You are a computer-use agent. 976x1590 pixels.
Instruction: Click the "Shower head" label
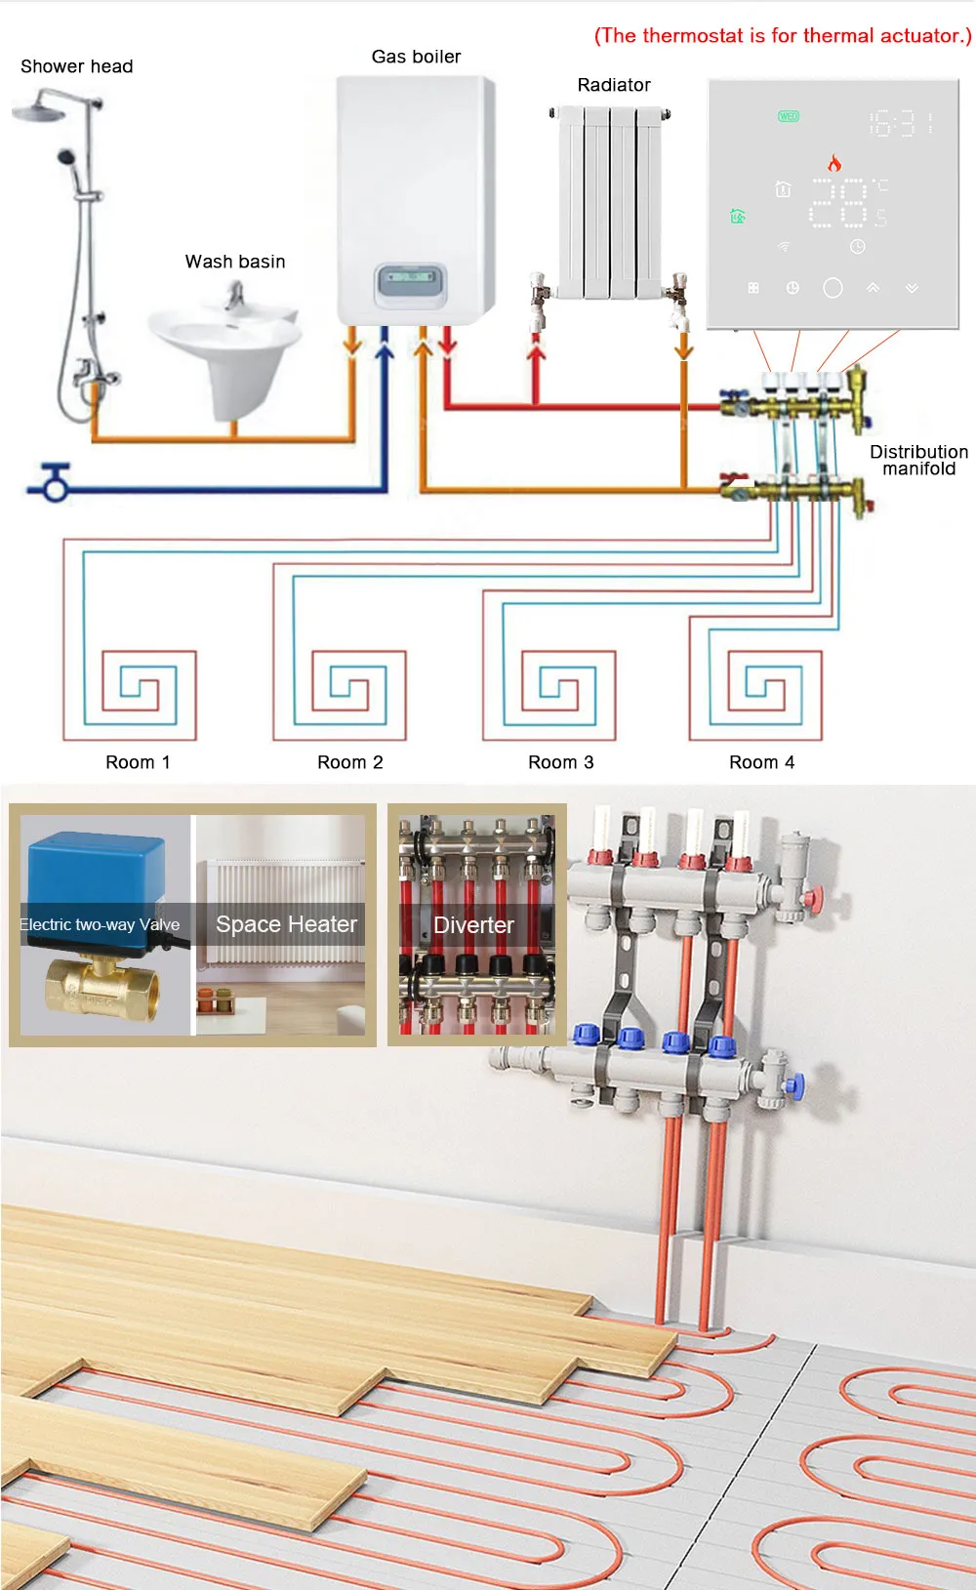pyautogui.click(x=76, y=66)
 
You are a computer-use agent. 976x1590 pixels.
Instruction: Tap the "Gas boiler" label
pyautogui.click(x=416, y=57)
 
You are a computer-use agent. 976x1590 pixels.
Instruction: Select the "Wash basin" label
pyautogui.click(x=235, y=262)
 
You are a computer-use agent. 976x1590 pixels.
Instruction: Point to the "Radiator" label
pyautogui.click(x=614, y=85)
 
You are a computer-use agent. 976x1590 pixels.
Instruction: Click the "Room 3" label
pyautogui.click(x=560, y=762)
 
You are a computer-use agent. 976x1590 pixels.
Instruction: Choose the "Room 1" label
pyautogui.click(x=138, y=762)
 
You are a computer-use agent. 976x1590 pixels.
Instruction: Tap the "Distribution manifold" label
pyautogui.click(x=918, y=460)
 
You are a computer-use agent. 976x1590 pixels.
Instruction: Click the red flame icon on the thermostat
pyautogui.click(x=834, y=162)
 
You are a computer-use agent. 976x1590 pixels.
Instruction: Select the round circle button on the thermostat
pyautogui.click(x=833, y=288)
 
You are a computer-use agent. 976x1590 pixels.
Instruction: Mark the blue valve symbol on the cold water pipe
pyautogui.click(x=55, y=481)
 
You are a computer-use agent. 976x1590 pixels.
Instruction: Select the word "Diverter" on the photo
pyautogui.click(x=473, y=925)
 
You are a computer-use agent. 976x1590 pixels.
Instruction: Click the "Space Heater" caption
pyautogui.click(x=286, y=924)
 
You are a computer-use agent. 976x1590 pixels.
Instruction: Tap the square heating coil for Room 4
pyautogui.click(x=765, y=694)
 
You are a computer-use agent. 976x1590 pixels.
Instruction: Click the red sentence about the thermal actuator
pyautogui.click(x=783, y=36)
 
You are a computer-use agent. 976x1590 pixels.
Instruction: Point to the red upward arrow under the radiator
pyautogui.click(x=536, y=361)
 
